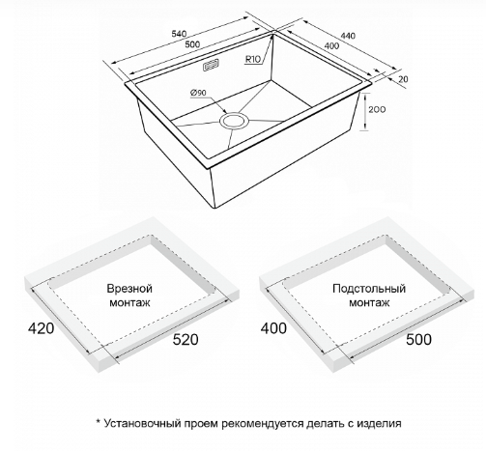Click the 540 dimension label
click(x=179, y=34)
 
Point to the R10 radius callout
click(x=252, y=59)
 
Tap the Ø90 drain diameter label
click(x=198, y=93)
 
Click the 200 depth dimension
click(x=377, y=110)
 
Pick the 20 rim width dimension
click(x=403, y=79)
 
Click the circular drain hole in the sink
click(x=234, y=121)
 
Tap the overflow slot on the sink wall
click(x=211, y=66)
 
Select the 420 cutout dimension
click(x=41, y=328)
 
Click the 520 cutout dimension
click(x=186, y=340)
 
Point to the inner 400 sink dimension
click(x=331, y=46)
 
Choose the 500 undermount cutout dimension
click(x=418, y=340)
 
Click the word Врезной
click(x=129, y=289)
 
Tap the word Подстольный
click(x=369, y=289)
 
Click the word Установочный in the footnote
click(x=142, y=423)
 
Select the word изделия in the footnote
click(x=379, y=423)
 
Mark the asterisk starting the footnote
click(x=99, y=421)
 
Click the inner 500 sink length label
click(x=192, y=44)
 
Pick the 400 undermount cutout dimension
click(x=273, y=328)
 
